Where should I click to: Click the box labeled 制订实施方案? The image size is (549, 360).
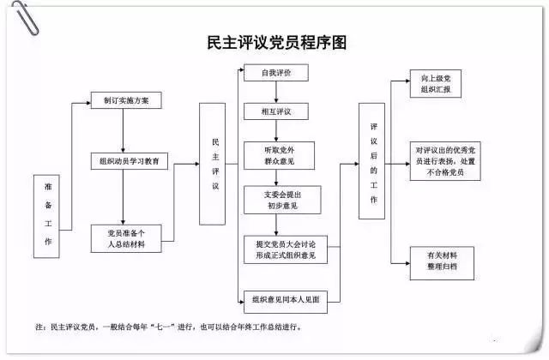point(126,101)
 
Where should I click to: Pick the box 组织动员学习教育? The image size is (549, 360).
point(130,160)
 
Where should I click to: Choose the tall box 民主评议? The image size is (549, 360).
point(217,164)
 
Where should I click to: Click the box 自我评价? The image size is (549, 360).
point(275,74)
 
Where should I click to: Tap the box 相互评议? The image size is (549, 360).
point(275,111)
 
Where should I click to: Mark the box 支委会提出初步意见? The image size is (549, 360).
point(275,200)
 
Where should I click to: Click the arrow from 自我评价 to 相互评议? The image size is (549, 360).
point(274,93)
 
